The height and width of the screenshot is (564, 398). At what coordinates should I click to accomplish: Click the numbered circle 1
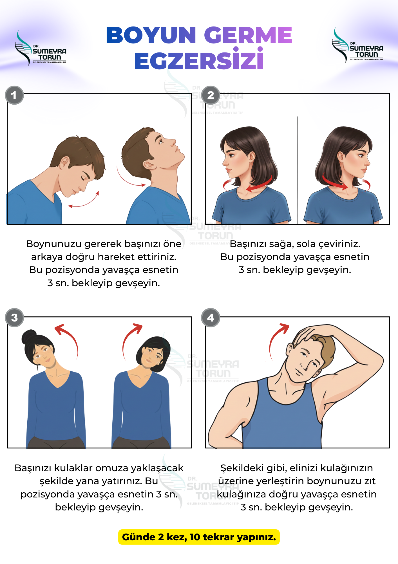(x=14, y=95)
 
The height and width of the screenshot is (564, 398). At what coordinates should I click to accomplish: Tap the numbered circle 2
(x=211, y=95)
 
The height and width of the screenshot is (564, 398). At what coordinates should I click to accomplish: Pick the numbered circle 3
(x=14, y=318)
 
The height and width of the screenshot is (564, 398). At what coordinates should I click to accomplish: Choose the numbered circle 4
(x=211, y=318)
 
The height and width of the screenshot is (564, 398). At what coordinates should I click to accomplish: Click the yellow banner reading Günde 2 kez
(x=199, y=537)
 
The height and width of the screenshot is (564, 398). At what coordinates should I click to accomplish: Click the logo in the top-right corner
(x=357, y=45)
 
